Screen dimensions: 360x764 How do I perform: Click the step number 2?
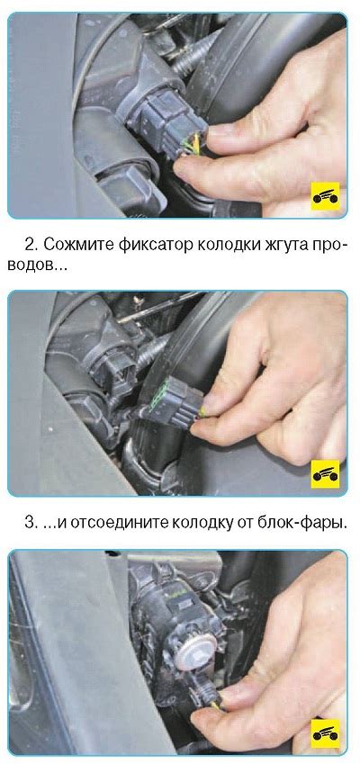tap(29, 245)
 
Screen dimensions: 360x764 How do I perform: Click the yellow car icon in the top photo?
tap(326, 196)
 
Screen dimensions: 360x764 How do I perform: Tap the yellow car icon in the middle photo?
tap(326, 473)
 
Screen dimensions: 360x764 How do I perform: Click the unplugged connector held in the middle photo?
tap(175, 400)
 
